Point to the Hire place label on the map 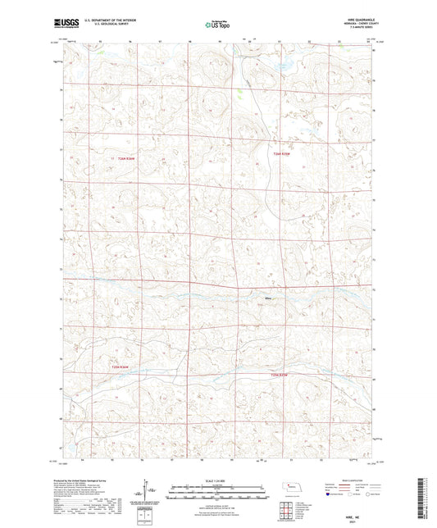267,298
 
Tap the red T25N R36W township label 120,366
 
